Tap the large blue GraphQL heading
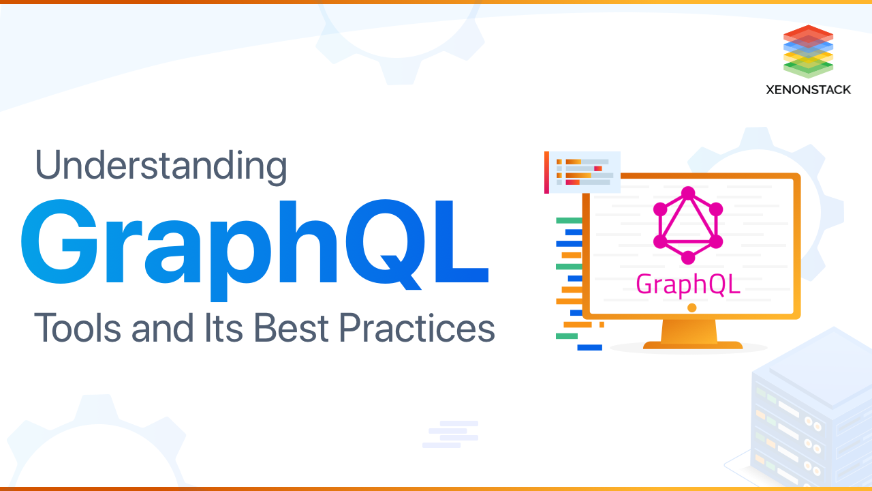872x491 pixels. click(254, 244)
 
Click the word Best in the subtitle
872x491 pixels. click(290, 328)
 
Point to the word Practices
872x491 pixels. click(416, 328)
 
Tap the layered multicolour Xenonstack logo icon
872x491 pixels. click(809, 51)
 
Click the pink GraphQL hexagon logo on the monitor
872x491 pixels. click(688, 226)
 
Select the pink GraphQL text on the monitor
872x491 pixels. click(688, 284)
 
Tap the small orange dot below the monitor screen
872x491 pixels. click(691, 308)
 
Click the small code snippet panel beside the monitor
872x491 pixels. click(582, 172)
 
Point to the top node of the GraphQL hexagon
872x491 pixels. click(688, 194)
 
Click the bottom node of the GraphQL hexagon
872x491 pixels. click(688, 258)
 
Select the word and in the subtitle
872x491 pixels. click(155, 328)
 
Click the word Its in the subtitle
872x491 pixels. click(221, 328)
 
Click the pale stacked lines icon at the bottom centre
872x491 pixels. click(450, 434)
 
